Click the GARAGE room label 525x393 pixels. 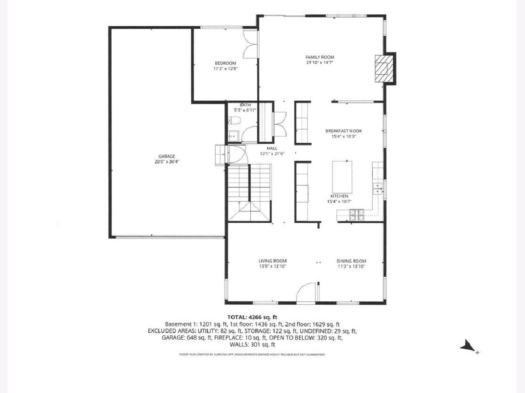[x=167, y=156]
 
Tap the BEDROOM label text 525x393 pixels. [x=225, y=63]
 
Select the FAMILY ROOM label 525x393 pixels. [x=319, y=57]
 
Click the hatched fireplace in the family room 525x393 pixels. [x=384, y=69]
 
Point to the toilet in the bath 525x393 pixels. [x=234, y=121]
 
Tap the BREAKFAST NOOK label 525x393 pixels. [x=343, y=131]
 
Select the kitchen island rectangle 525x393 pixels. [x=342, y=177]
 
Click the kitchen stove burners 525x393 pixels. [x=357, y=215]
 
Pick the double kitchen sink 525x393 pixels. [x=378, y=189]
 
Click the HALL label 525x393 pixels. [x=272, y=148]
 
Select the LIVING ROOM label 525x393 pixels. [x=273, y=261]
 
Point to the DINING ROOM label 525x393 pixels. [x=351, y=261]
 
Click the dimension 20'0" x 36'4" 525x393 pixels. [x=167, y=162]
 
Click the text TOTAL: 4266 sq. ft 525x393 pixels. [x=252, y=317]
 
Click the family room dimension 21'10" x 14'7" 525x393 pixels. [x=319, y=62]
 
